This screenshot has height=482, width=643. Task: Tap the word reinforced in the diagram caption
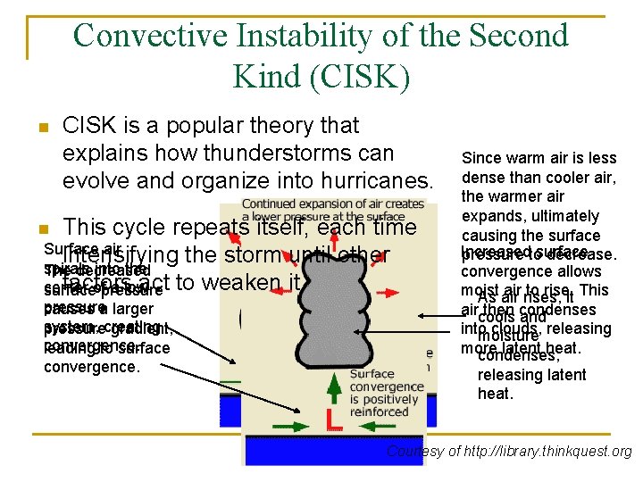click(380, 412)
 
